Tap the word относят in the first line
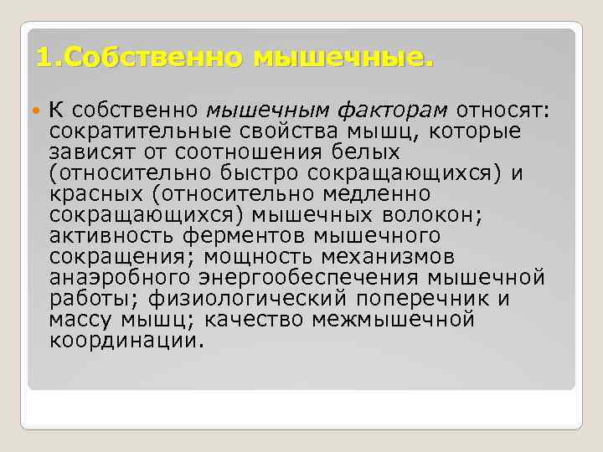501,110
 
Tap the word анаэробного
119,278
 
